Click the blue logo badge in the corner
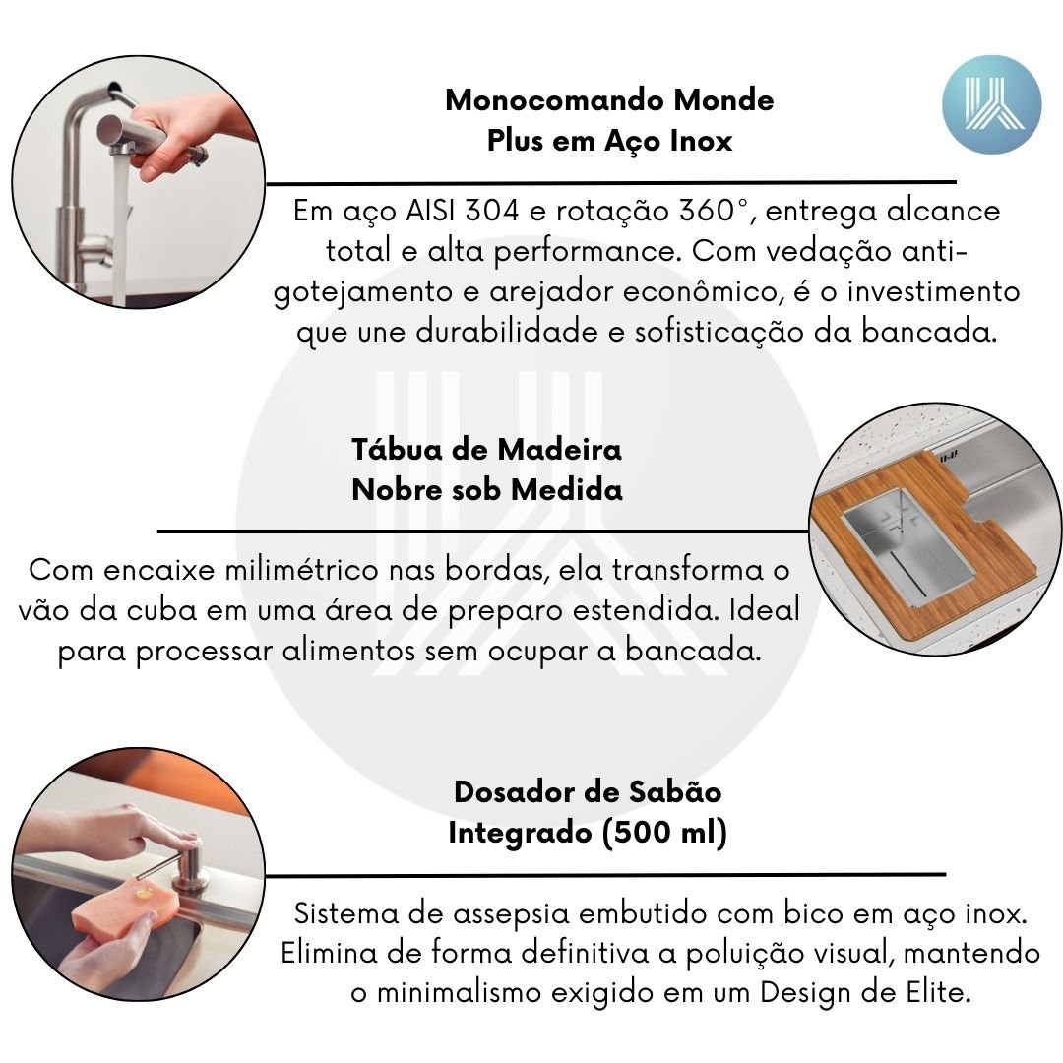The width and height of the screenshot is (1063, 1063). tap(992, 104)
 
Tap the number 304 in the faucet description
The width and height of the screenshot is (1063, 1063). tap(492, 211)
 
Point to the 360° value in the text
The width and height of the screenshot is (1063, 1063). tap(709, 211)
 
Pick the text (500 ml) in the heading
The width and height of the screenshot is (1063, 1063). tap(664, 833)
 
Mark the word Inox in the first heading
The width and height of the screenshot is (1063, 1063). tap(702, 141)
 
